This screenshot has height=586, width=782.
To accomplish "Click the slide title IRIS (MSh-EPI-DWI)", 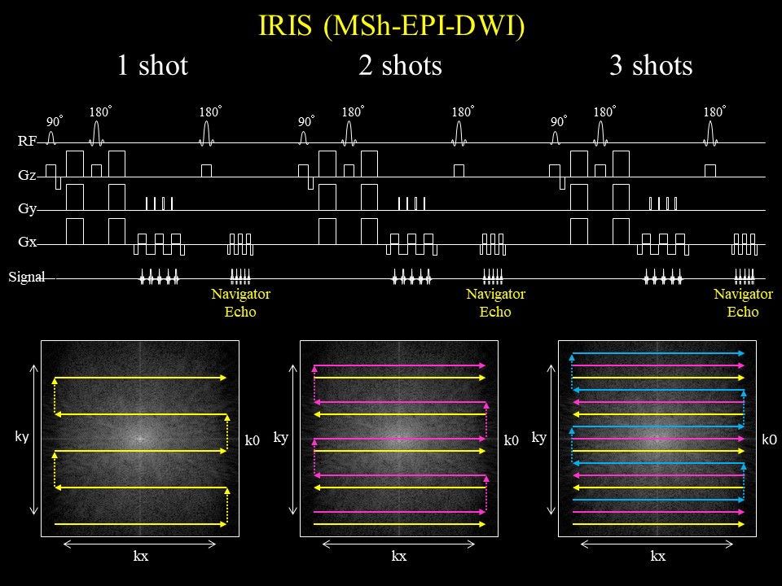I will tap(390, 27).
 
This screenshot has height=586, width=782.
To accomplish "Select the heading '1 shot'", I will tap(152, 65).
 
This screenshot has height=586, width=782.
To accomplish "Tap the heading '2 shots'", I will tap(400, 65).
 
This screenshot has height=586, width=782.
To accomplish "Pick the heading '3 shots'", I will tap(651, 65).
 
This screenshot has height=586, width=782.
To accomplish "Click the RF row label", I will tap(27, 142).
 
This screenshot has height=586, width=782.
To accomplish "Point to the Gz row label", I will tap(27, 175).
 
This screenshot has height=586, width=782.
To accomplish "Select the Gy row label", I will tap(27, 209).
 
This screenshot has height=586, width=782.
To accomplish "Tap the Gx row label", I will tap(27, 243).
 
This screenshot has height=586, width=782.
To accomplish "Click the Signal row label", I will tap(24, 278).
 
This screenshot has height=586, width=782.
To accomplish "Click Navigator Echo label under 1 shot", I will tap(240, 303).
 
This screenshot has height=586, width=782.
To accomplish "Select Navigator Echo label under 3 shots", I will tap(743, 303).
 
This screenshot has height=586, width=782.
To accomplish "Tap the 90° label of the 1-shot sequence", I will tap(55, 122).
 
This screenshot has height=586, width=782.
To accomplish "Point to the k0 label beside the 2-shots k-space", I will tap(511, 440).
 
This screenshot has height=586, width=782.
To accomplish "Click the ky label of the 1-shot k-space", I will tap(22, 437).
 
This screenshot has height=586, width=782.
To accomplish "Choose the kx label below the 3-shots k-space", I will tap(657, 557).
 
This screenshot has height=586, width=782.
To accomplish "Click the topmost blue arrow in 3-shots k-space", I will tap(658, 353).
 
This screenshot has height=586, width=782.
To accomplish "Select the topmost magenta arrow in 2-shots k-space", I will tap(399, 366).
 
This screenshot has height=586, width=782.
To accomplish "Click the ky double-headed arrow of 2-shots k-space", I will tap(293, 439).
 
